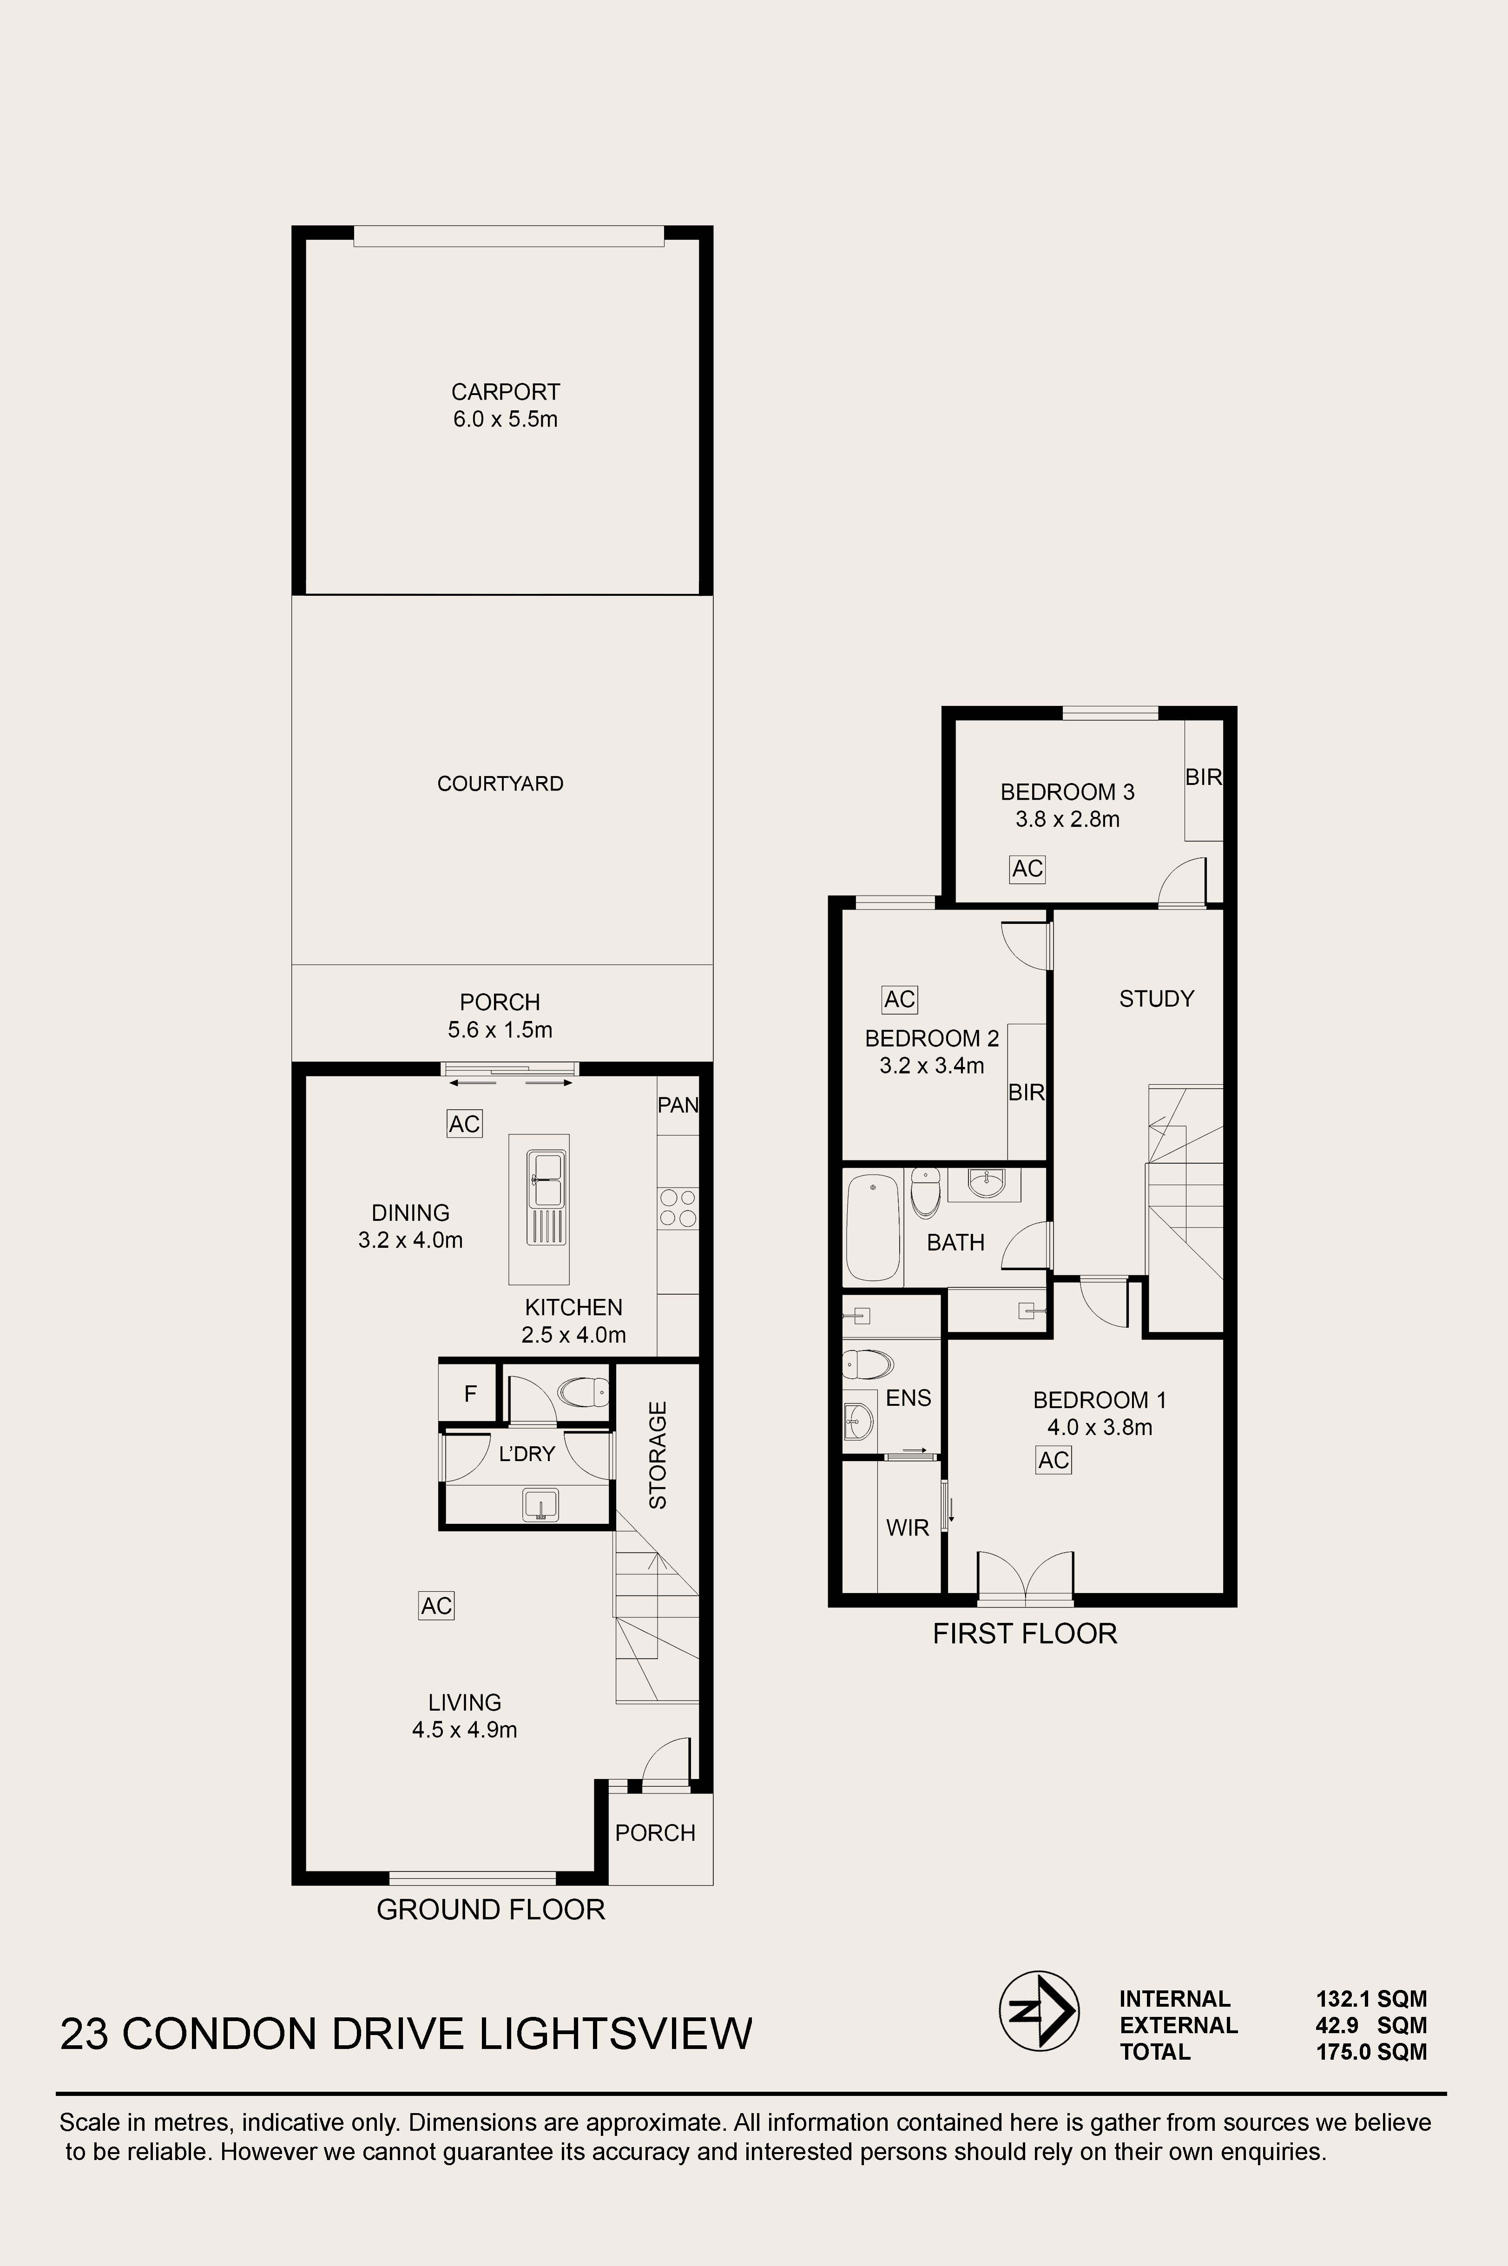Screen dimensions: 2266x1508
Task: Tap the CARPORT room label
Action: point(505,392)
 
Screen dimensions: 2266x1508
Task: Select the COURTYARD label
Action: point(500,784)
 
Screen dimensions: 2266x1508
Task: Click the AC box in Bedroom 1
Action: point(1053,1460)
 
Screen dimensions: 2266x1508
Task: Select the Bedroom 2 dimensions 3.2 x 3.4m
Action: point(931,1066)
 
